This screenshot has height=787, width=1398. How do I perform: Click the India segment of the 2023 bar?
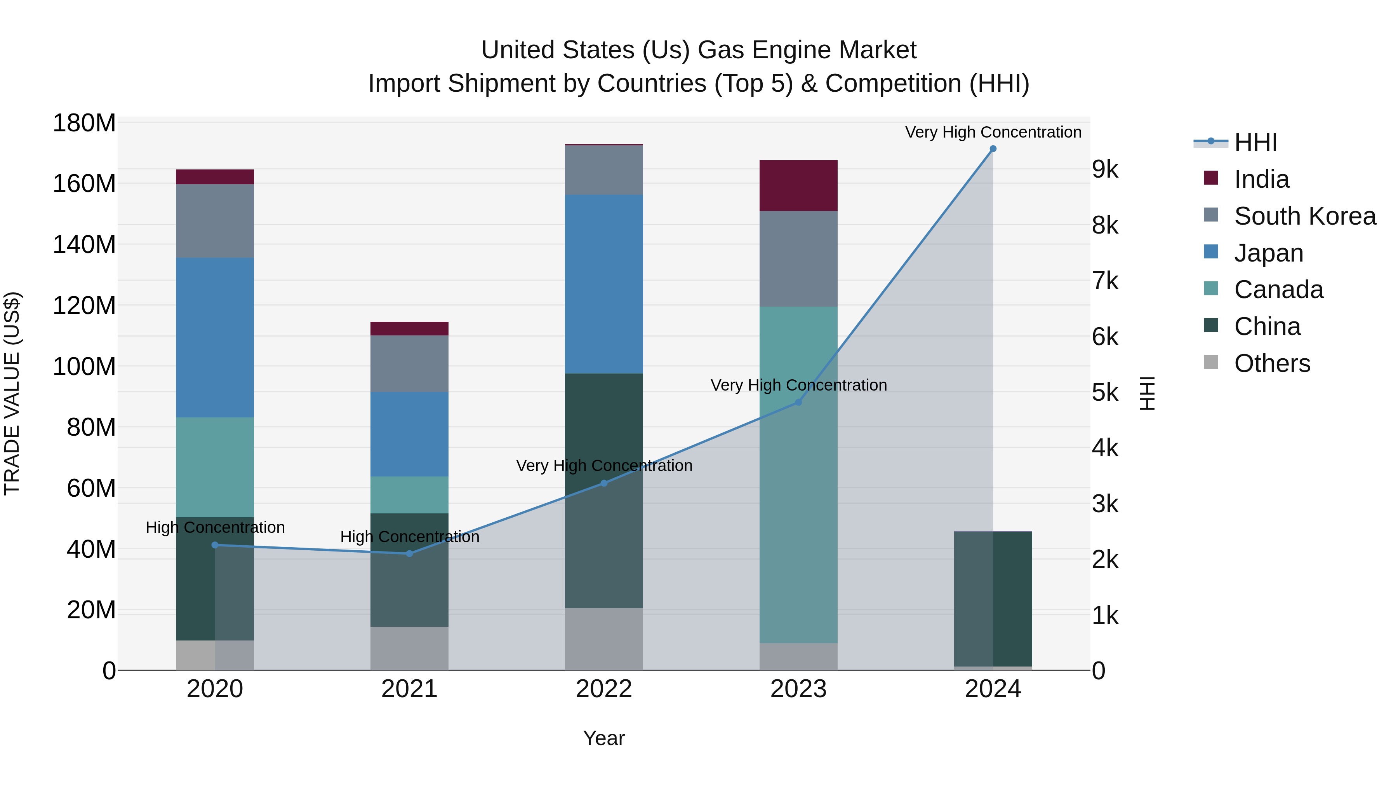tap(798, 185)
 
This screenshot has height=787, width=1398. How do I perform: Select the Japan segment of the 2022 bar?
tap(603, 284)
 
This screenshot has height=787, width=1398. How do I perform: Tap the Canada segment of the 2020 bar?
tap(215, 467)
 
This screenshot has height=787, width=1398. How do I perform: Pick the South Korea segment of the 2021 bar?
tap(409, 363)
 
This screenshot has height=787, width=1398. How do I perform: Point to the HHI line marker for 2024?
tap(993, 149)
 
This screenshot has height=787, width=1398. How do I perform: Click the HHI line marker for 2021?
tap(409, 553)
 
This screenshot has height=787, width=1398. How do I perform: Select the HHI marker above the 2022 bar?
tap(603, 483)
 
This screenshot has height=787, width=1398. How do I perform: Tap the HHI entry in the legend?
tap(1255, 142)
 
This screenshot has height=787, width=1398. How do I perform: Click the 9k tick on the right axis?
tap(1105, 169)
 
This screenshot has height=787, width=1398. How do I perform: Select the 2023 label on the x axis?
tap(798, 689)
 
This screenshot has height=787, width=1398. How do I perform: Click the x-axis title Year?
tap(603, 738)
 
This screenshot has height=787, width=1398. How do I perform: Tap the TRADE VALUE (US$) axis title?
tap(12, 393)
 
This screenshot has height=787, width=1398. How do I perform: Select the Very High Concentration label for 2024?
tap(993, 132)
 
